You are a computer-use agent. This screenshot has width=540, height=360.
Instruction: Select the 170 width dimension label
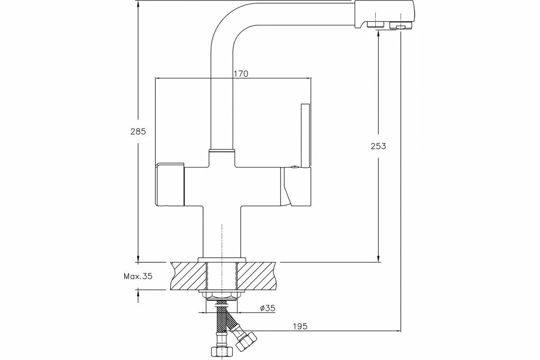[x=241, y=74]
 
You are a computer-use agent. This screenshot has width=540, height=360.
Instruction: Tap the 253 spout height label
[x=378, y=146]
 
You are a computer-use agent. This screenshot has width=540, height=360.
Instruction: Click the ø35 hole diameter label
[x=268, y=308]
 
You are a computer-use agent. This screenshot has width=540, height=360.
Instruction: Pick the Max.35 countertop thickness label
[x=138, y=276]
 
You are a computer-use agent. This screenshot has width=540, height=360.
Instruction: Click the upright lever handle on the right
[x=305, y=135]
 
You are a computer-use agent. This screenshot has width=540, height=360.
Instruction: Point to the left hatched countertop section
[x=188, y=275]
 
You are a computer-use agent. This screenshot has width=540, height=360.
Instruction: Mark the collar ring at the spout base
[x=221, y=150]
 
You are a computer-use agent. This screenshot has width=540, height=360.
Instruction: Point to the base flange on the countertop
[x=222, y=259]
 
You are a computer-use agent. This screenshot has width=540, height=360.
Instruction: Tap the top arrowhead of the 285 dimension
[x=138, y=4]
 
